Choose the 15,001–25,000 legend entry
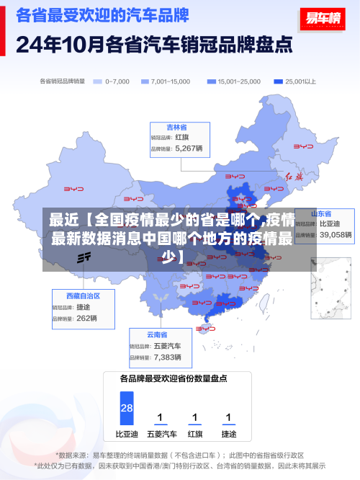[234, 81]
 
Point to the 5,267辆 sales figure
[189, 149]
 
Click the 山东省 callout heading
[321, 214]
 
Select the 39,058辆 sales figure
[336, 235]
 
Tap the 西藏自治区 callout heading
[83, 296]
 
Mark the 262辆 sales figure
[86, 318]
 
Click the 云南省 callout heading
[157, 335]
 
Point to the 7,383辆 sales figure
[167, 357]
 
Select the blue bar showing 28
[127, 408]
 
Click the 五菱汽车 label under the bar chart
[161, 435]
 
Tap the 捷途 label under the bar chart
[228, 435]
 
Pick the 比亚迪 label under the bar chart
[127, 435]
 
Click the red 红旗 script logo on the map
[294, 176]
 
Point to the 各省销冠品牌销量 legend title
[63, 81]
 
